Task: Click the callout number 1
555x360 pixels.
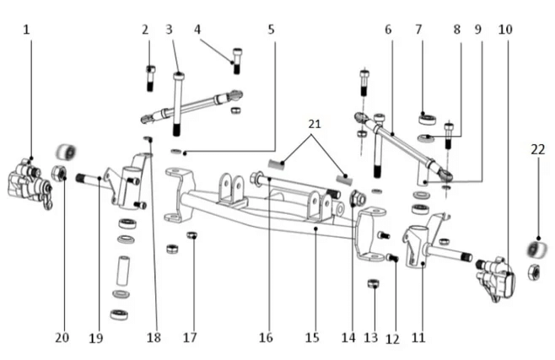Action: click(x=27, y=30)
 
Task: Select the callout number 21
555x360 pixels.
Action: click(x=313, y=123)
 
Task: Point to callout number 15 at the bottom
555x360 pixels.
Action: click(x=312, y=337)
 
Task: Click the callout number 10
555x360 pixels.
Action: click(x=505, y=30)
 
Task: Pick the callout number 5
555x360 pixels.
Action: click(x=271, y=30)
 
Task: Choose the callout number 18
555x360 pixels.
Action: click(x=153, y=337)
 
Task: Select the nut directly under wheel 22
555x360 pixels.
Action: click(x=533, y=271)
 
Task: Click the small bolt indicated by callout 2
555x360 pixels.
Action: click(x=150, y=78)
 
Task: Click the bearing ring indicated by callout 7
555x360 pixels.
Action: click(x=426, y=119)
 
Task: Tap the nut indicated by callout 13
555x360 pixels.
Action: click(x=372, y=284)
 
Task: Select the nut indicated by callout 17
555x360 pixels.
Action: click(x=191, y=235)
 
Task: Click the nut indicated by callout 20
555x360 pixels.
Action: click(x=60, y=173)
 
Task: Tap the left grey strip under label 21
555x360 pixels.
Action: click(x=279, y=163)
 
